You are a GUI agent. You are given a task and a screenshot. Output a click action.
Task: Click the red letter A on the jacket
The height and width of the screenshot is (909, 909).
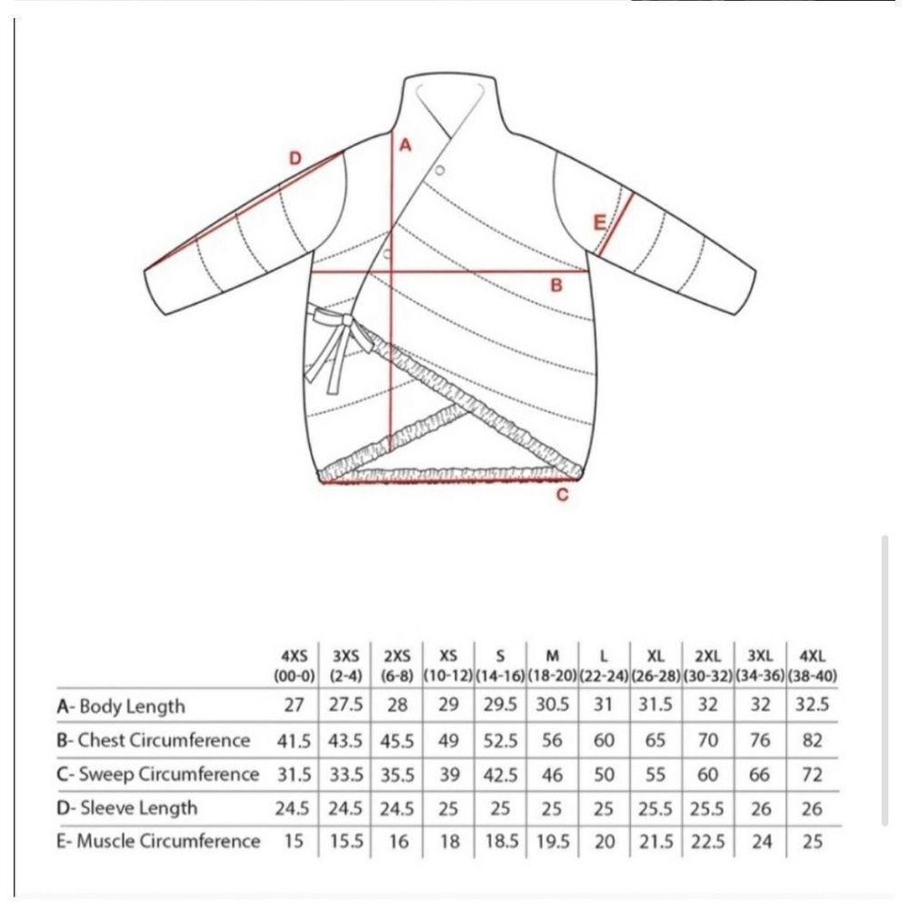[x=405, y=145]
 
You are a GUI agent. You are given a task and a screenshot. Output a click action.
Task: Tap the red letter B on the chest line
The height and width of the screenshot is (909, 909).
[x=556, y=285]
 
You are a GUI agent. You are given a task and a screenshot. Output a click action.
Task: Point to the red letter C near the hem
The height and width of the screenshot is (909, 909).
[x=563, y=495]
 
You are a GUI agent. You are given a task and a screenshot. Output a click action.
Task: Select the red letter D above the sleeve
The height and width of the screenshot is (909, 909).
[x=295, y=157]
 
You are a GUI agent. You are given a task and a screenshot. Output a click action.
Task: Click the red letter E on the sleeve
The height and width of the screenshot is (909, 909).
[x=599, y=222]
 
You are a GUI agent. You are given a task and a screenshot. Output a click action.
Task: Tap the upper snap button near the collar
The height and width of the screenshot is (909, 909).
[x=440, y=170]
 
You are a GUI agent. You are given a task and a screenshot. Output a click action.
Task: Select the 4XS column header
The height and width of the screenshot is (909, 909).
[x=295, y=666]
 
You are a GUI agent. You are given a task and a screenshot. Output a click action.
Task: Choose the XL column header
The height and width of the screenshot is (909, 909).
[x=655, y=666]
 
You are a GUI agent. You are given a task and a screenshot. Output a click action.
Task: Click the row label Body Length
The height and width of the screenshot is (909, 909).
[x=121, y=706]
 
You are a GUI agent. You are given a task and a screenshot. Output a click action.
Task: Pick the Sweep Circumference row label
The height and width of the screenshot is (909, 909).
[x=157, y=774]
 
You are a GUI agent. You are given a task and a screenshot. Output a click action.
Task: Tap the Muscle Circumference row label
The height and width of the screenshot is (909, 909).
[x=157, y=841]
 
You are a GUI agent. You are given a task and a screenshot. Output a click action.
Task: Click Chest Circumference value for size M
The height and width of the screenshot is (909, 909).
[x=552, y=740]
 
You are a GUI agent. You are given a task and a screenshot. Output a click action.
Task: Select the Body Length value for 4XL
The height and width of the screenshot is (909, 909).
[x=812, y=705]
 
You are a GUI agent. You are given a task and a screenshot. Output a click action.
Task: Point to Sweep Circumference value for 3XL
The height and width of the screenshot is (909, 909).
[x=760, y=774]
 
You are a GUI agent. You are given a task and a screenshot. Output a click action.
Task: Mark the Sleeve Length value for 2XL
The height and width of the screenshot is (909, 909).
[x=707, y=808]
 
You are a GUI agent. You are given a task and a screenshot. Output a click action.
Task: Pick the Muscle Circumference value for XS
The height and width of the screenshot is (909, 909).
[x=449, y=841]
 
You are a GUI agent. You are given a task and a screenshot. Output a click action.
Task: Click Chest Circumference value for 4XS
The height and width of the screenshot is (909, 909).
[x=294, y=741]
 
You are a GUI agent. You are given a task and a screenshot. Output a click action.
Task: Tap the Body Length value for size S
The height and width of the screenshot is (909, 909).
[x=500, y=705]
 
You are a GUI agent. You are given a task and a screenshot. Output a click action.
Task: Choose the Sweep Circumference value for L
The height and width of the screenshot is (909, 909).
[x=604, y=774]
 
